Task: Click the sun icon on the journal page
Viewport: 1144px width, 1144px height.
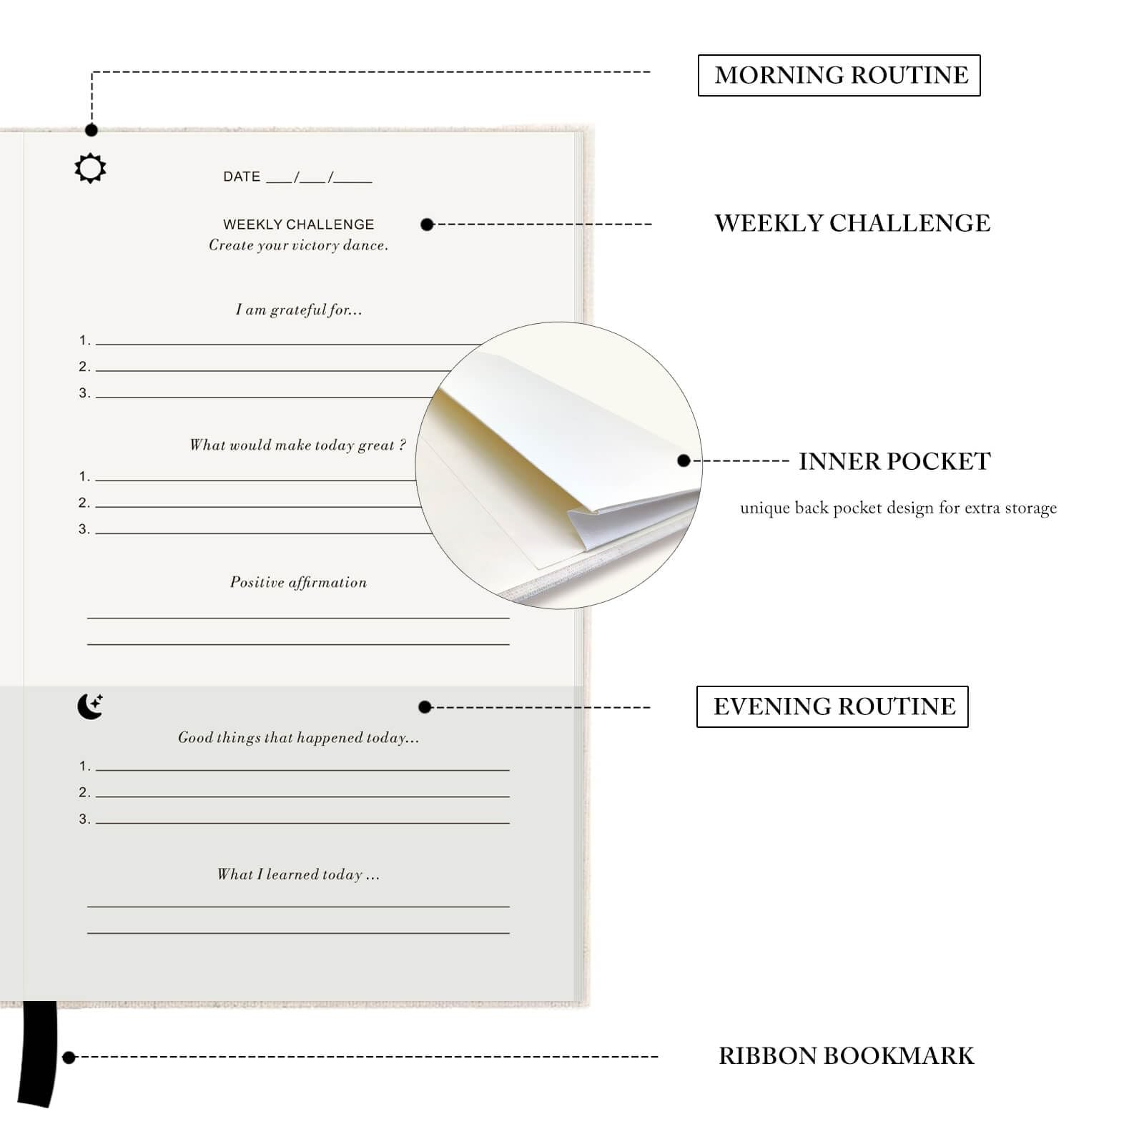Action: tap(90, 168)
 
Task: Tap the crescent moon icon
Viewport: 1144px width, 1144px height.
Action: tap(90, 706)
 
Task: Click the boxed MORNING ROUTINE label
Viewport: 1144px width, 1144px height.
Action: tap(839, 75)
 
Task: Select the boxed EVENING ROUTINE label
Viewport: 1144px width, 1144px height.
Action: tap(832, 706)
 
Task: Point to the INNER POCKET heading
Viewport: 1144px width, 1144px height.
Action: tap(894, 462)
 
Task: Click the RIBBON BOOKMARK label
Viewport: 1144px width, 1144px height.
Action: tap(847, 1056)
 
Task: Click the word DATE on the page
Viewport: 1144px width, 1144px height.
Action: tap(242, 177)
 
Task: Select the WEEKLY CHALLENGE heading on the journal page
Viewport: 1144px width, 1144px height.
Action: tap(298, 225)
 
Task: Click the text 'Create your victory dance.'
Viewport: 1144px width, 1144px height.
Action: tap(298, 245)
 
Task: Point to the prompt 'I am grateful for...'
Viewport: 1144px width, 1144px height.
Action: tap(299, 310)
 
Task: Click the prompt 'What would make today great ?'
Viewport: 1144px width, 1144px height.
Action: tap(297, 445)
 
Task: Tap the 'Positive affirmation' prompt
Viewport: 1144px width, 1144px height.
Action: tap(298, 583)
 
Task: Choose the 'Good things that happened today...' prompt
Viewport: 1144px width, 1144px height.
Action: tap(298, 738)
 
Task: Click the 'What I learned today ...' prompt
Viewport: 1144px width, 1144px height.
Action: tap(298, 874)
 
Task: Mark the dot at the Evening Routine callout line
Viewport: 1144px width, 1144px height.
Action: tap(425, 707)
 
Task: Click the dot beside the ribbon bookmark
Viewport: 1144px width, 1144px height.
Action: tap(69, 1057)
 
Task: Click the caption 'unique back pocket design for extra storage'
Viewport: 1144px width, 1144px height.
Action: tap(898, 508)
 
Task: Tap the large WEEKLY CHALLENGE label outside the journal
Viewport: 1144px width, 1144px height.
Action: tap(852, 223)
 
